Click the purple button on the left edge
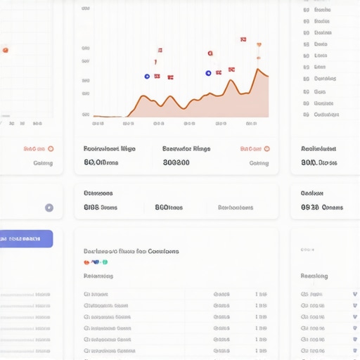[x=26, y=238]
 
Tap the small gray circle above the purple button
[x=49, y=207]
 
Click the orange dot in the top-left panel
[x=6, y=50]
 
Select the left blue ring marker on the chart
[x=147, y=76]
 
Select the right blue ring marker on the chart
[x=208, y=73]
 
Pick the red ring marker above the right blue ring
[x=210, y=53]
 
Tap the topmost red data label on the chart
[x=243, y=40]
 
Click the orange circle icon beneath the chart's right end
[x=266, y=149]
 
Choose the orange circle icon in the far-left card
[x=51, y=149]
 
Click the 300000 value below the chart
[x=176, y=162]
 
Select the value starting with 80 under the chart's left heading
[x=101, y=162]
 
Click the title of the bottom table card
[x=131, y=251]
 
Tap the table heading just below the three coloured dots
[x=98, y=276]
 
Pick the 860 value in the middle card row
[x=169, y=207]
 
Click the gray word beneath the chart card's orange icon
[x=259, y=163]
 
